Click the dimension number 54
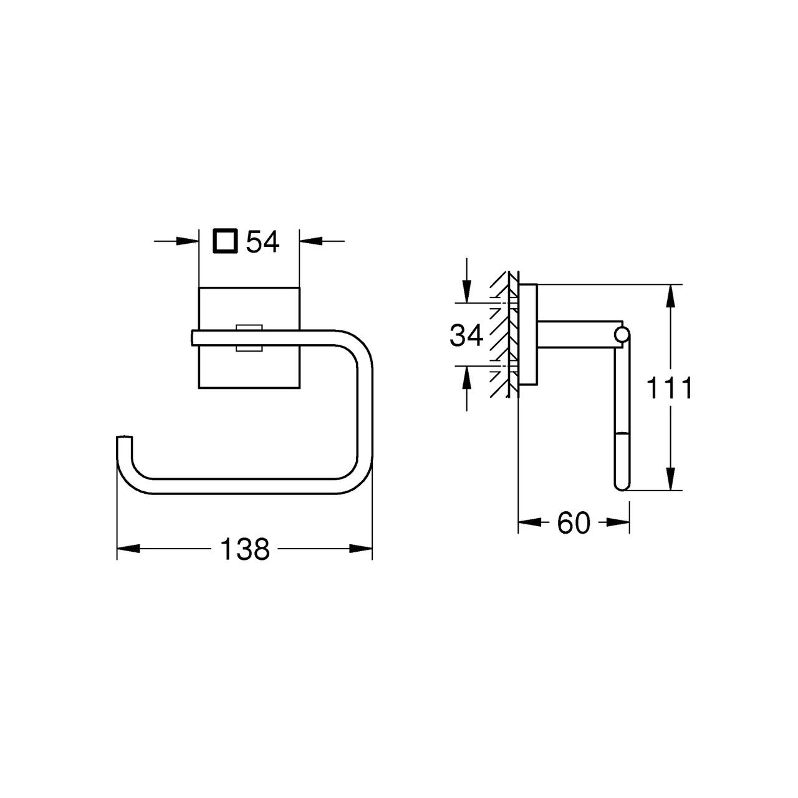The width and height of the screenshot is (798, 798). pyautogui.click(x=263, y=242)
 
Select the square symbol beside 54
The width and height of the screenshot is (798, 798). pyautogui.click(x=225, y=241)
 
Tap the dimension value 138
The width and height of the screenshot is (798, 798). pyautogui.click(x=245, y=549)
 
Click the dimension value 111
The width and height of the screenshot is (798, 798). pyautogui.click(x=669, y=388)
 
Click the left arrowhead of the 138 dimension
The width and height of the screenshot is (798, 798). pyautogui.click(x=128, y=549)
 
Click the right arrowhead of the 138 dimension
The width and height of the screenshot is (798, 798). pyautogui.click(x=361, y=549)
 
